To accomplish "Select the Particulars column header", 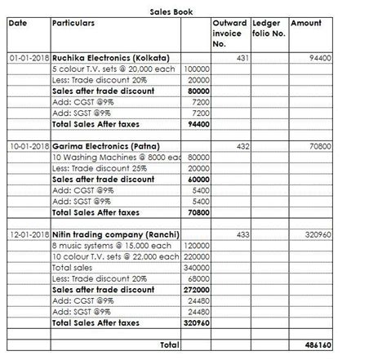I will point(73,23).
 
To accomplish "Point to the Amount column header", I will point(305,23).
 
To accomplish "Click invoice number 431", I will point(241,60).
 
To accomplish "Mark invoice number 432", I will point(241,145).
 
